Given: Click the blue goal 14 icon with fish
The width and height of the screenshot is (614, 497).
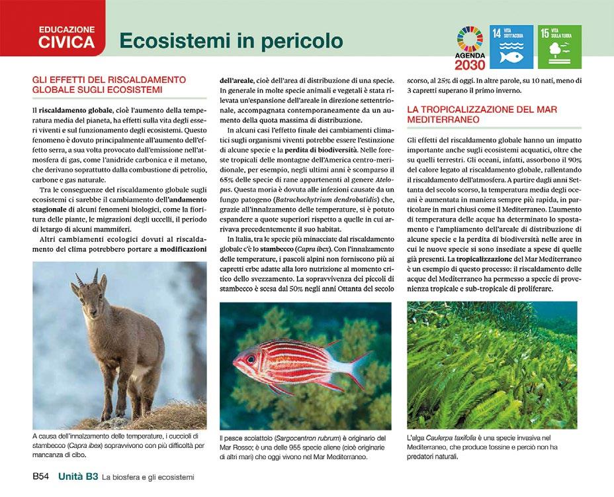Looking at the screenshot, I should [511, 47].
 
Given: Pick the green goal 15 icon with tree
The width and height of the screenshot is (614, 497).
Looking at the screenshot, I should [559, 47].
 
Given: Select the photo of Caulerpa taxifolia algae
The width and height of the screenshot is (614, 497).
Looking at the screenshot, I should [492, 364].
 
